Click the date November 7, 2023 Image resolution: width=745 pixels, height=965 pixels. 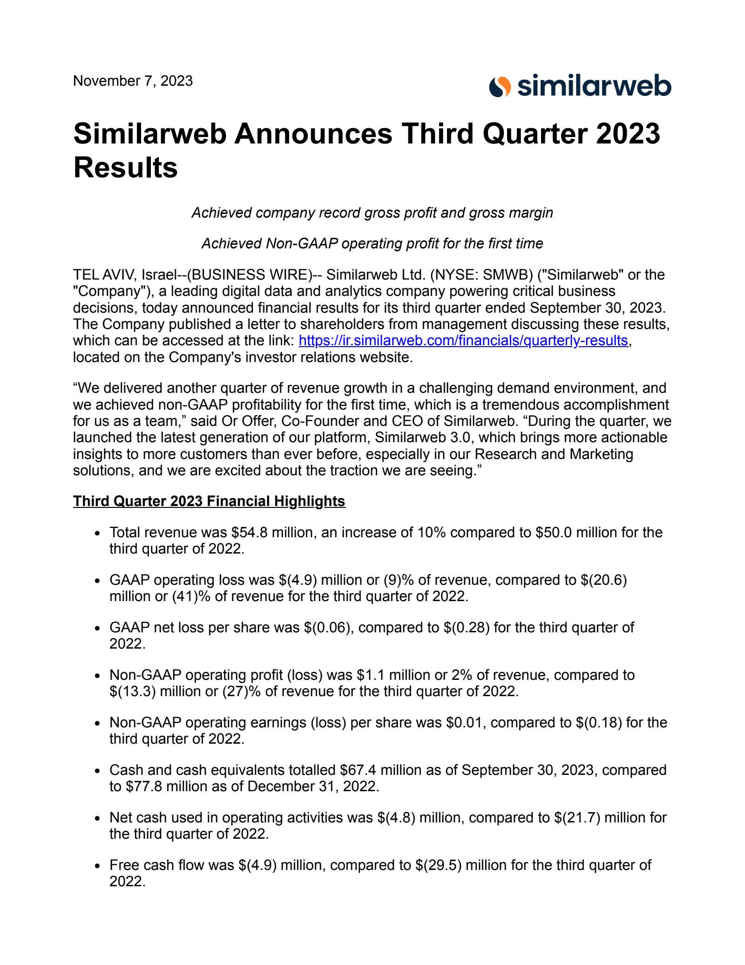point(133,81)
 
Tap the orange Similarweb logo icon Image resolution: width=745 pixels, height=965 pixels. point(500,87)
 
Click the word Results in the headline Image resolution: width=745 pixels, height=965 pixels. point(126,168)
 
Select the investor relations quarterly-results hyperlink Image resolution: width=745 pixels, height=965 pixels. point(463,341)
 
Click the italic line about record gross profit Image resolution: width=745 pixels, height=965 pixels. point(372,213)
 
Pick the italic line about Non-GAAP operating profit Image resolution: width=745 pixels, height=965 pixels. point(372,244)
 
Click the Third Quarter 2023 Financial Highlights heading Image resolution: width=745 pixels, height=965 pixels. point(209,501)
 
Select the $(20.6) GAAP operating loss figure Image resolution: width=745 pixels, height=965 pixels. point(603,580)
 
